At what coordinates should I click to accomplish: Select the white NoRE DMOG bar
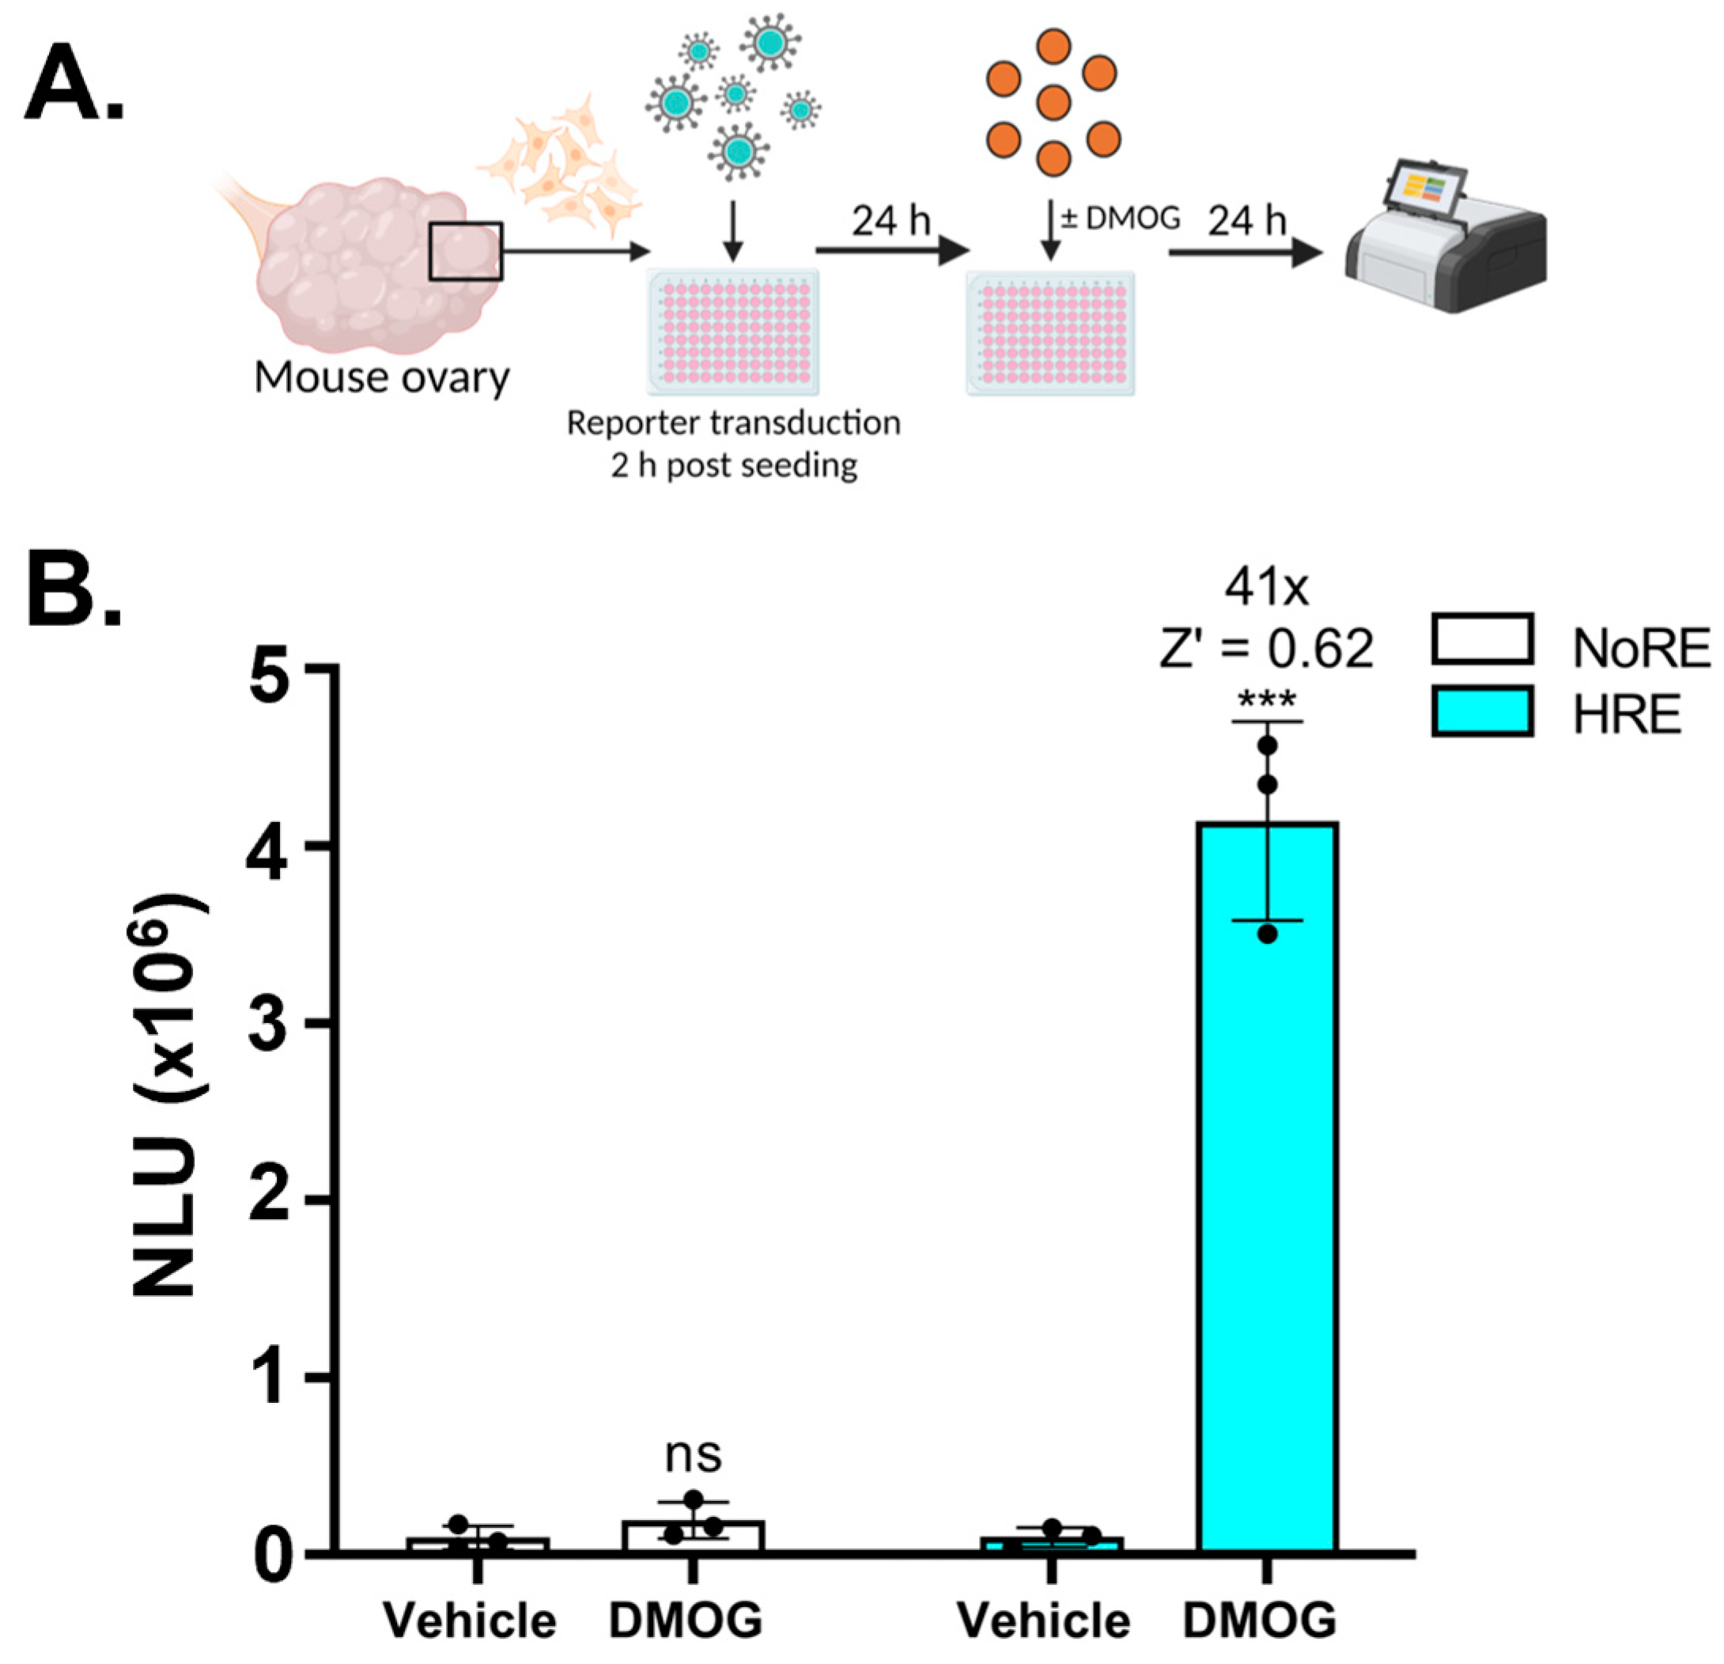point(693,1536)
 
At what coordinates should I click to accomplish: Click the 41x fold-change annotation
point(1267,588)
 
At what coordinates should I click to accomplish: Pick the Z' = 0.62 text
point(1267,649)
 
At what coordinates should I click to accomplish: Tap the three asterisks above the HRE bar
point(1267,701)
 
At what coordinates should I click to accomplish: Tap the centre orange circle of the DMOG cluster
point(1053,103)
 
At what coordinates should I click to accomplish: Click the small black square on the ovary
point(465,251)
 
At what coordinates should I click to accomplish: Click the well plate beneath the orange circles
point(1050,332)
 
